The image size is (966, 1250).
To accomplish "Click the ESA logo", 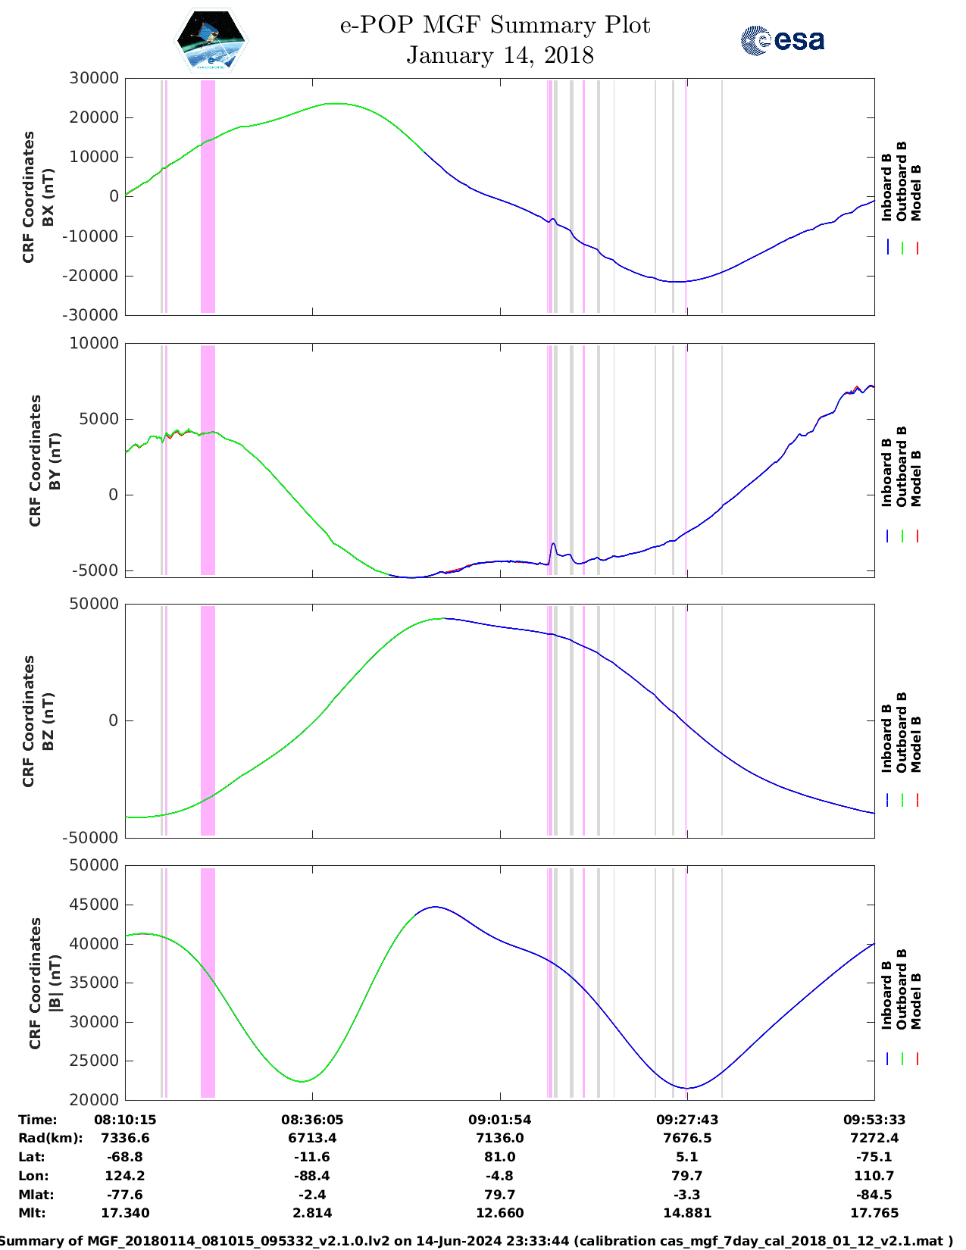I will pos(783,40).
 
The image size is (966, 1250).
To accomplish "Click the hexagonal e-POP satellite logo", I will pos(211,41).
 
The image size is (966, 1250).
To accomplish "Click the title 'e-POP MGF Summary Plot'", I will pos(495,25).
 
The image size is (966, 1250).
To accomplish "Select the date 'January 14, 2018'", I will pos(500,55).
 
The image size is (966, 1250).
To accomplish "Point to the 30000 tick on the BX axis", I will pos(94,78).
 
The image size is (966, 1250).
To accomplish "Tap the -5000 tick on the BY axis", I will pos(95,570).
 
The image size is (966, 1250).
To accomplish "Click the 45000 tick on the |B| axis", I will pos(94,905).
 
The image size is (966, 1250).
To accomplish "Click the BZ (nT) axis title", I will pos(48,721).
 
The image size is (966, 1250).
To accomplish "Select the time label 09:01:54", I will pos(499,1120).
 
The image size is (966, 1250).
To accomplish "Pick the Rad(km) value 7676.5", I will pos(687,1138).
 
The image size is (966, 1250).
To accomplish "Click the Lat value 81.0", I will pos(499,1157).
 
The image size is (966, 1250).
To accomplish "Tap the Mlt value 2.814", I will pos(312,1213).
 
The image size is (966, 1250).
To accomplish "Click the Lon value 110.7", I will pos(874,1176).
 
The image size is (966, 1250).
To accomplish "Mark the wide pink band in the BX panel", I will pos(208,196).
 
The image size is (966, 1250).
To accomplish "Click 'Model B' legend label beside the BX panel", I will pos(916,192).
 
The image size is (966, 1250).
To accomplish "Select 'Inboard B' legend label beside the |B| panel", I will pos(887,994).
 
